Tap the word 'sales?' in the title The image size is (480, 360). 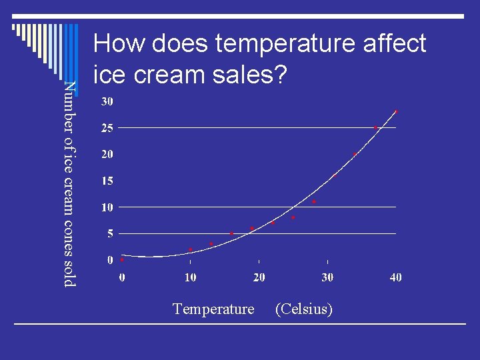(x=247, y=75)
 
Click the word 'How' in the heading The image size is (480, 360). (x=119, y=44)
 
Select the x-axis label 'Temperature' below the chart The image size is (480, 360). (x=213, y=309)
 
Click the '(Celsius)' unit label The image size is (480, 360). (x=303, y=309)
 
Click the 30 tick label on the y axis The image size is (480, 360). (x=107, y=101)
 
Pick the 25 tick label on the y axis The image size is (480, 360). (x=107, y=128)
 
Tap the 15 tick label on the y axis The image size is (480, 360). (x=107, y=181)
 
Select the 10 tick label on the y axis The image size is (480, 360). (x=107, y=207)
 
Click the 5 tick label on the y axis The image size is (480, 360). (x=110, y=233)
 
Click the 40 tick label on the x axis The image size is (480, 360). (x=395, y=277)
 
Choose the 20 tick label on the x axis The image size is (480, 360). (x=259, y=277)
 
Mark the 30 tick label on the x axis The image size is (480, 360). (x=327, y=277)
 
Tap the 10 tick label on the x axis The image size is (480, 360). (x=191, y=277)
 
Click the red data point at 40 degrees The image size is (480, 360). (x=396, y=112)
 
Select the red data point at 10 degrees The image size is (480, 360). (x=191, y=249)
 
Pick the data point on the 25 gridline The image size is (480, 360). (x=375, y=127)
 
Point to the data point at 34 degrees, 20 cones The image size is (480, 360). (x=355, y=155)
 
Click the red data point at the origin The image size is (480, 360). (x=123, y=260)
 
